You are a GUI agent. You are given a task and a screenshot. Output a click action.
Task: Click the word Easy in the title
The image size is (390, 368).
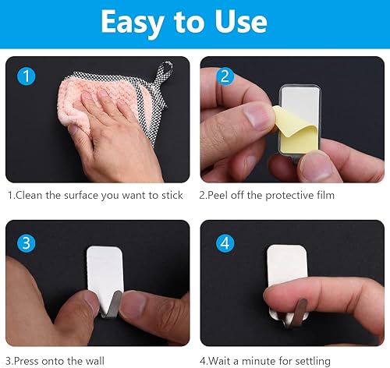(x=132, y=23)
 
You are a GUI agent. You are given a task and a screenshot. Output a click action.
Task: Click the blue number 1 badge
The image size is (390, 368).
(x=27, y=76)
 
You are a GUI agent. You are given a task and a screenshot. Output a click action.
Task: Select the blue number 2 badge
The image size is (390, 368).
(x=225, y=76)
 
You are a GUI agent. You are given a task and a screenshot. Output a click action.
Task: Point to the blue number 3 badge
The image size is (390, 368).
(x=27, y=243)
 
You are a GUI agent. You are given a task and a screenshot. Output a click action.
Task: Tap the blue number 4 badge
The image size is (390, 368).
(x=225, y=243)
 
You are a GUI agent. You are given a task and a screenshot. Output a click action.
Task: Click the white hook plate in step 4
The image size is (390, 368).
(x=287, y=264)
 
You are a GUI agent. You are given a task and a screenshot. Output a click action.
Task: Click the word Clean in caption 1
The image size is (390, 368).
(x=29, y=195)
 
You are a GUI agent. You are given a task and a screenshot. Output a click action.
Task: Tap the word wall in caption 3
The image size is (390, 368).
(x=95, y=361)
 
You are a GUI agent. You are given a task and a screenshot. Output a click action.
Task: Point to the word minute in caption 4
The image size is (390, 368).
(x=258, y=361)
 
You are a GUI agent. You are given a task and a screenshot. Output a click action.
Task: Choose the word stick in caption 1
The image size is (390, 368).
(x=172, y=195)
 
